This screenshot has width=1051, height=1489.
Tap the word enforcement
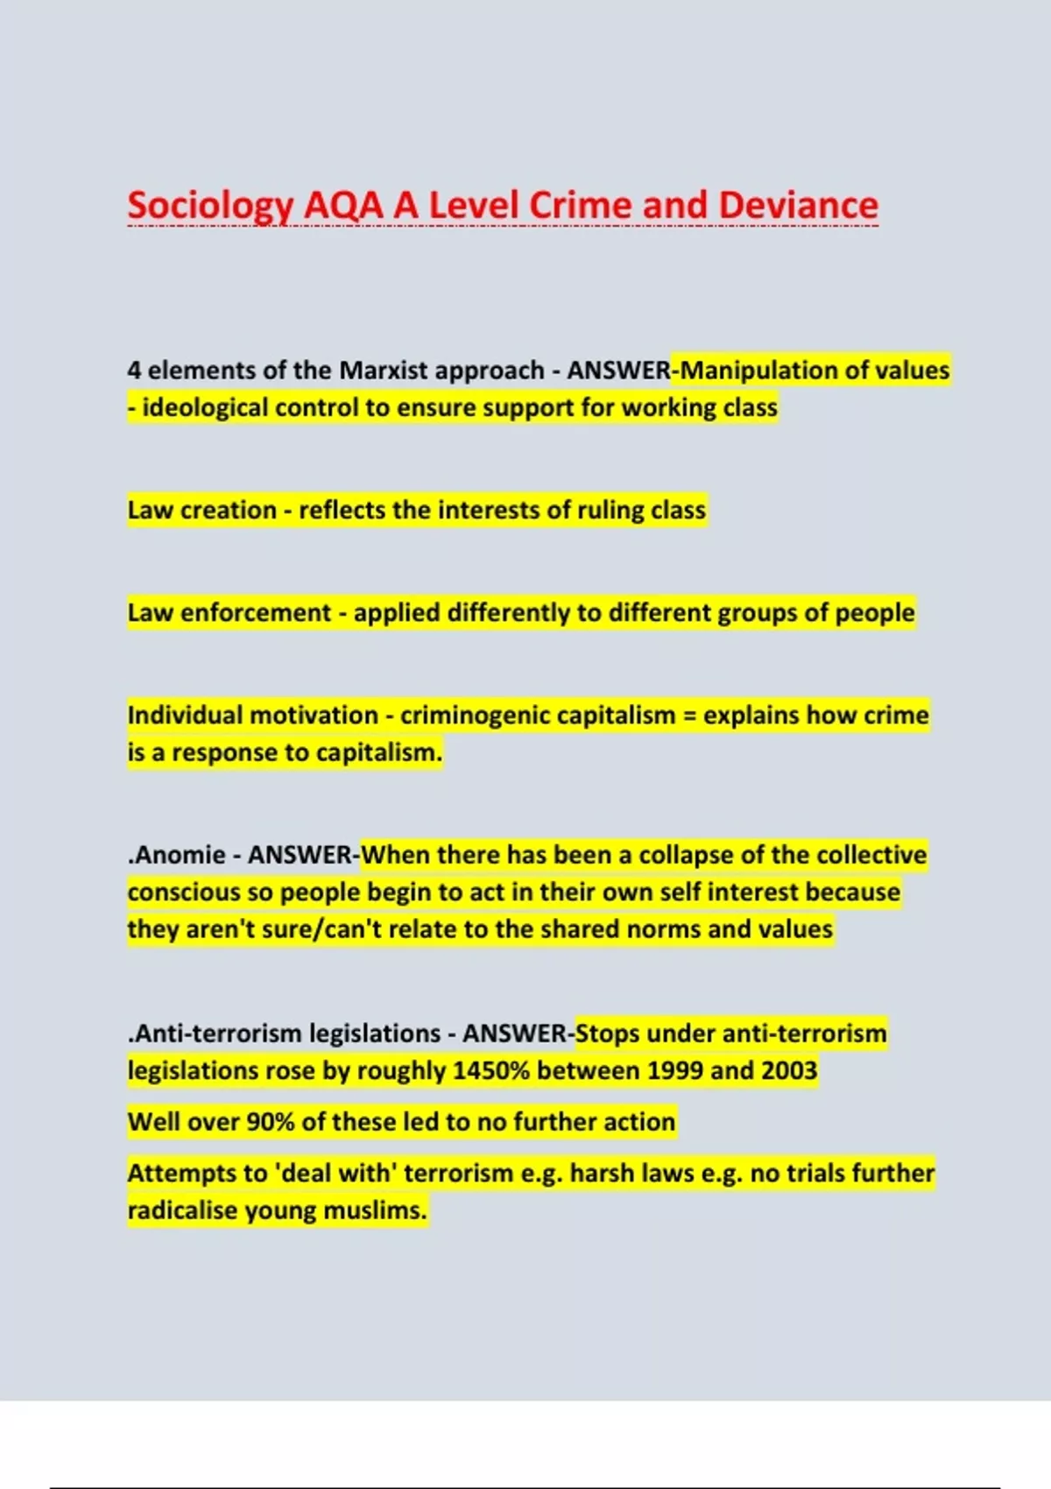pyautogui.click(x=255, y=613)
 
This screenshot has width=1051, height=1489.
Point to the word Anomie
pyautogui.click(x=180, y=855)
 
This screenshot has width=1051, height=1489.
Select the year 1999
pyautogui.click(x=674, y=1071)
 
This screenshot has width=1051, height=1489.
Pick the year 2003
pyautogui.click(x=788, y=1071)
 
